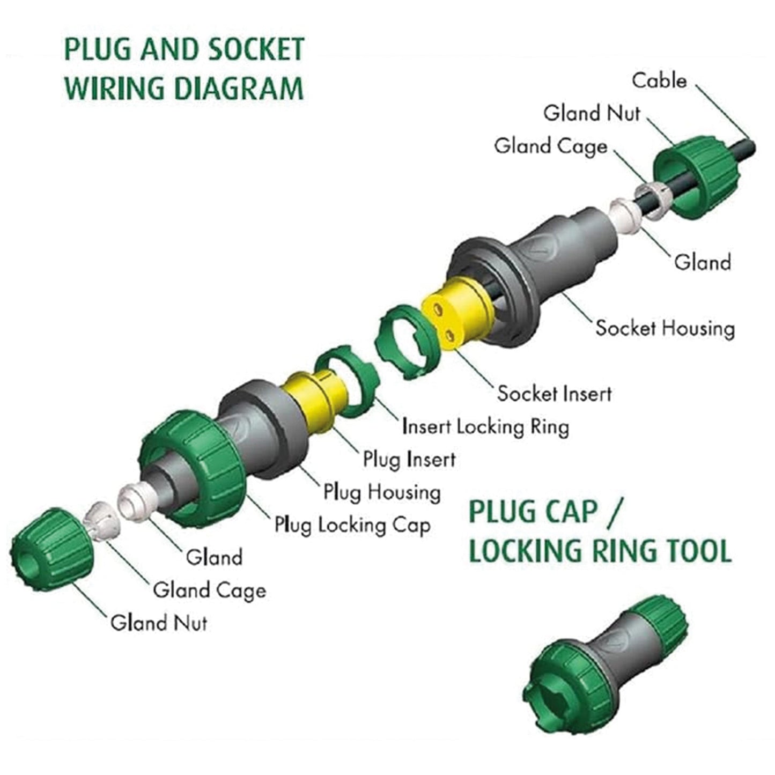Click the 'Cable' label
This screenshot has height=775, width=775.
tap(659, 80)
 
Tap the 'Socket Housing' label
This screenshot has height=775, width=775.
tap(665, 328)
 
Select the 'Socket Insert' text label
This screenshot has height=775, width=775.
tap(554, 393)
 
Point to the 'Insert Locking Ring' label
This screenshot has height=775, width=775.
tap(485, 427)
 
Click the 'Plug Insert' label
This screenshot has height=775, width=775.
tap(409, 459)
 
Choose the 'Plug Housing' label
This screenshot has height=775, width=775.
tap(381, 492)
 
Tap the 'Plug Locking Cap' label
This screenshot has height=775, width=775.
tap(352, 525)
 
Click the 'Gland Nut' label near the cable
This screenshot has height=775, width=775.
tap(592, 113)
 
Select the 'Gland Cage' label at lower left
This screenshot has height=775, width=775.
tap(209, 591)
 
